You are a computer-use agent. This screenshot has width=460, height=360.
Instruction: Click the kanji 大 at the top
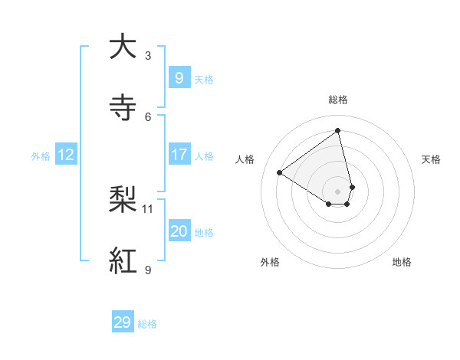(123, 47)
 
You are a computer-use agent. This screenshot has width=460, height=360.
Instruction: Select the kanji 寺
(123, 107)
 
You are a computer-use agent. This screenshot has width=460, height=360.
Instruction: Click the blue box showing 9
(179, 78)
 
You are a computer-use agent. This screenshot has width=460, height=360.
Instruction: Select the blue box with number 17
(179, 155)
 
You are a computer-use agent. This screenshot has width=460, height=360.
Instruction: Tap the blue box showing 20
(179, 231)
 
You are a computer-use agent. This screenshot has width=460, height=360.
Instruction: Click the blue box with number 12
(65, 155)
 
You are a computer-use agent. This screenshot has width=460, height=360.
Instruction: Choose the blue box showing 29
(123, 322)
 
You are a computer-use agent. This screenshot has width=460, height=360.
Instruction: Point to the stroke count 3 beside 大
(148, 56)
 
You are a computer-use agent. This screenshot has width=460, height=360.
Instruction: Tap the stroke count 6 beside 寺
(148, 116)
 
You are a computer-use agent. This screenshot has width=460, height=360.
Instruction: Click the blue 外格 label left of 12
(41, 156)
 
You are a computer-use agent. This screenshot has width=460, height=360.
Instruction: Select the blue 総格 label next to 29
(147, 324)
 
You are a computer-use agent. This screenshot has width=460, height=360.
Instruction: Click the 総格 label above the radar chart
(338, 100)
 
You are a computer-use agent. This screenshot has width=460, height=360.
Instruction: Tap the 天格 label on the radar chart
(432, 159)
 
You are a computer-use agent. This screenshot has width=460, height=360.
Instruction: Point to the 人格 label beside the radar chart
(245, 159)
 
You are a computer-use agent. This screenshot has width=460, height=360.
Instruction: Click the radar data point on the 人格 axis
(279, 172)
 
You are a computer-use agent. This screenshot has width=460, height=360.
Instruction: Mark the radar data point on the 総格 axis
(338, 131)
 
